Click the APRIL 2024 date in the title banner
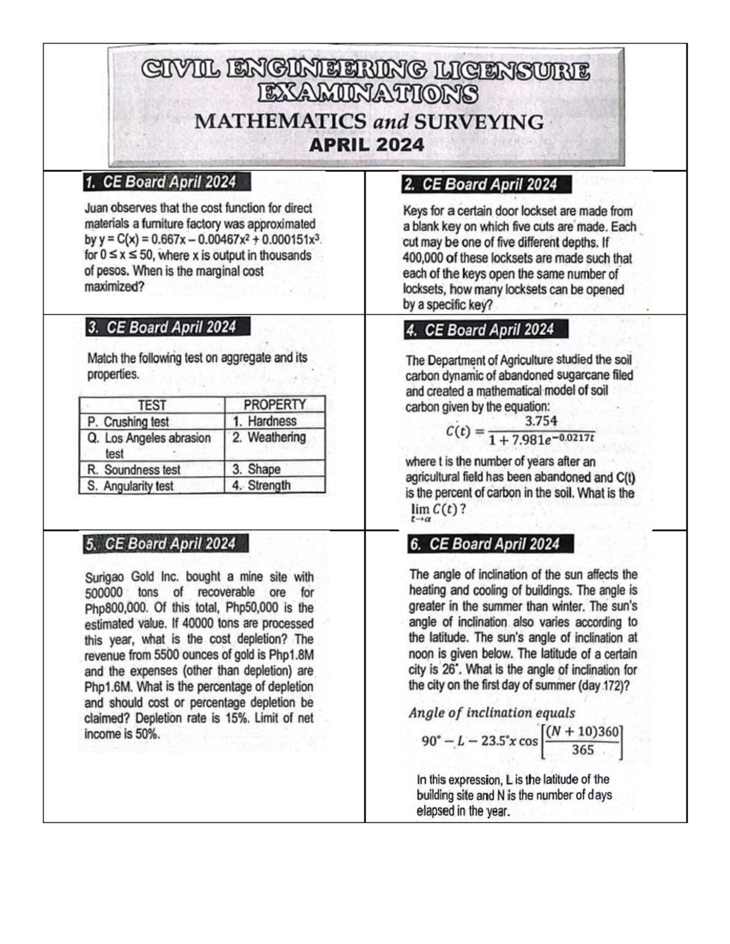click(x=366, y=145)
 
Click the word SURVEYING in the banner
click(x=478, y=122)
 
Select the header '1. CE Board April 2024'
click(x=160, y=182)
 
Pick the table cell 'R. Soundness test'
click(x=134, y=470)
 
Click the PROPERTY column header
click(x=274, y=405)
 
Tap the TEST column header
click(x=151, y=405)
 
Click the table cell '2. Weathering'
click(x=268, y=438)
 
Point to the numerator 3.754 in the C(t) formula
click(x=540, y=421)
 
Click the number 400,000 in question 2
click(x=423, y=258)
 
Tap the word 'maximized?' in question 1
click(x=114, y=287)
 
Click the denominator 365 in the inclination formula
click(x=582, y=750)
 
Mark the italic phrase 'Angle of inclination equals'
click(x=492, y=713)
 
